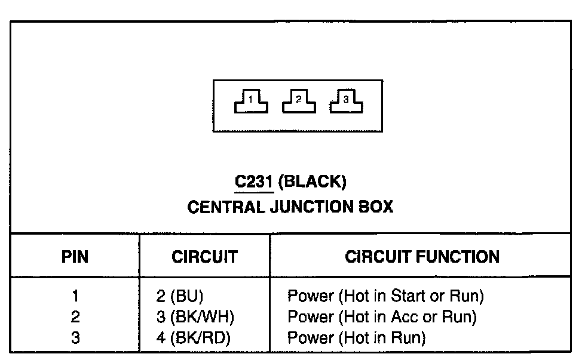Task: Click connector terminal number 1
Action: click(x=251, y=102)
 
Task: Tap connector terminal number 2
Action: click(x=299, y=102)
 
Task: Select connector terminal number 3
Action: click(x=346, y=102)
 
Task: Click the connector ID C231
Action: click(x=254, y=181)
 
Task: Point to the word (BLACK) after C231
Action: click(x=313, y=181)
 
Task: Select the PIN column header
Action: click(x=75, y=257)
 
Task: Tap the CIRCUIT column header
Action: click(x=204, y=257)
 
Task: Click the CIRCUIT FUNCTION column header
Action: click(x=422, y=257)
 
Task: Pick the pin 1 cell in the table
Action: click(x=75, y=296)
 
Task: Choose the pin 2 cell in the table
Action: click(x=75, y=317)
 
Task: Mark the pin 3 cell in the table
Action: click(x=75, y=338)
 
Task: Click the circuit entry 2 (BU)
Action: click(x=179, y=296)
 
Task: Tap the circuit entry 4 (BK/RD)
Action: click(x=192, y=338)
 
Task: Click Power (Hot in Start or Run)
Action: click(x=385, y=296)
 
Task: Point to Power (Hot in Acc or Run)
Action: click(x=382, y=317)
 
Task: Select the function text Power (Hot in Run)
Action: click(x=356, y=338)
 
